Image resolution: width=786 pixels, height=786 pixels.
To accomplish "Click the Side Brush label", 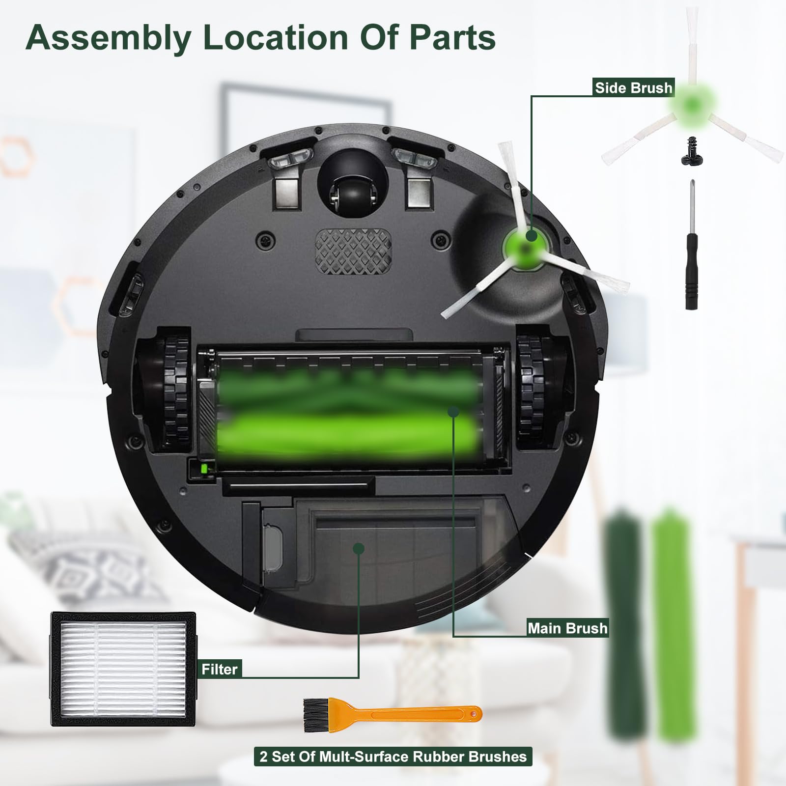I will [633, 88].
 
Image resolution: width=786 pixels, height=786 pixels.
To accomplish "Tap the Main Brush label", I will [567, 628].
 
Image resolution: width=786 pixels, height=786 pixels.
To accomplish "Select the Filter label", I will [220, 669].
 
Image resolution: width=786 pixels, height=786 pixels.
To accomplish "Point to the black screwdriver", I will [692, 246].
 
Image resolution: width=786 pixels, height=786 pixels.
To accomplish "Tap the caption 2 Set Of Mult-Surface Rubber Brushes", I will [393, 756].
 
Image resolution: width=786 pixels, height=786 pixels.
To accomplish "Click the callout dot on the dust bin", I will [359, 548].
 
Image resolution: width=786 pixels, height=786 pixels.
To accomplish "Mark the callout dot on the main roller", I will [453, 411].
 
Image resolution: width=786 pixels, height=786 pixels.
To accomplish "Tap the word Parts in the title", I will [452, 37].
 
